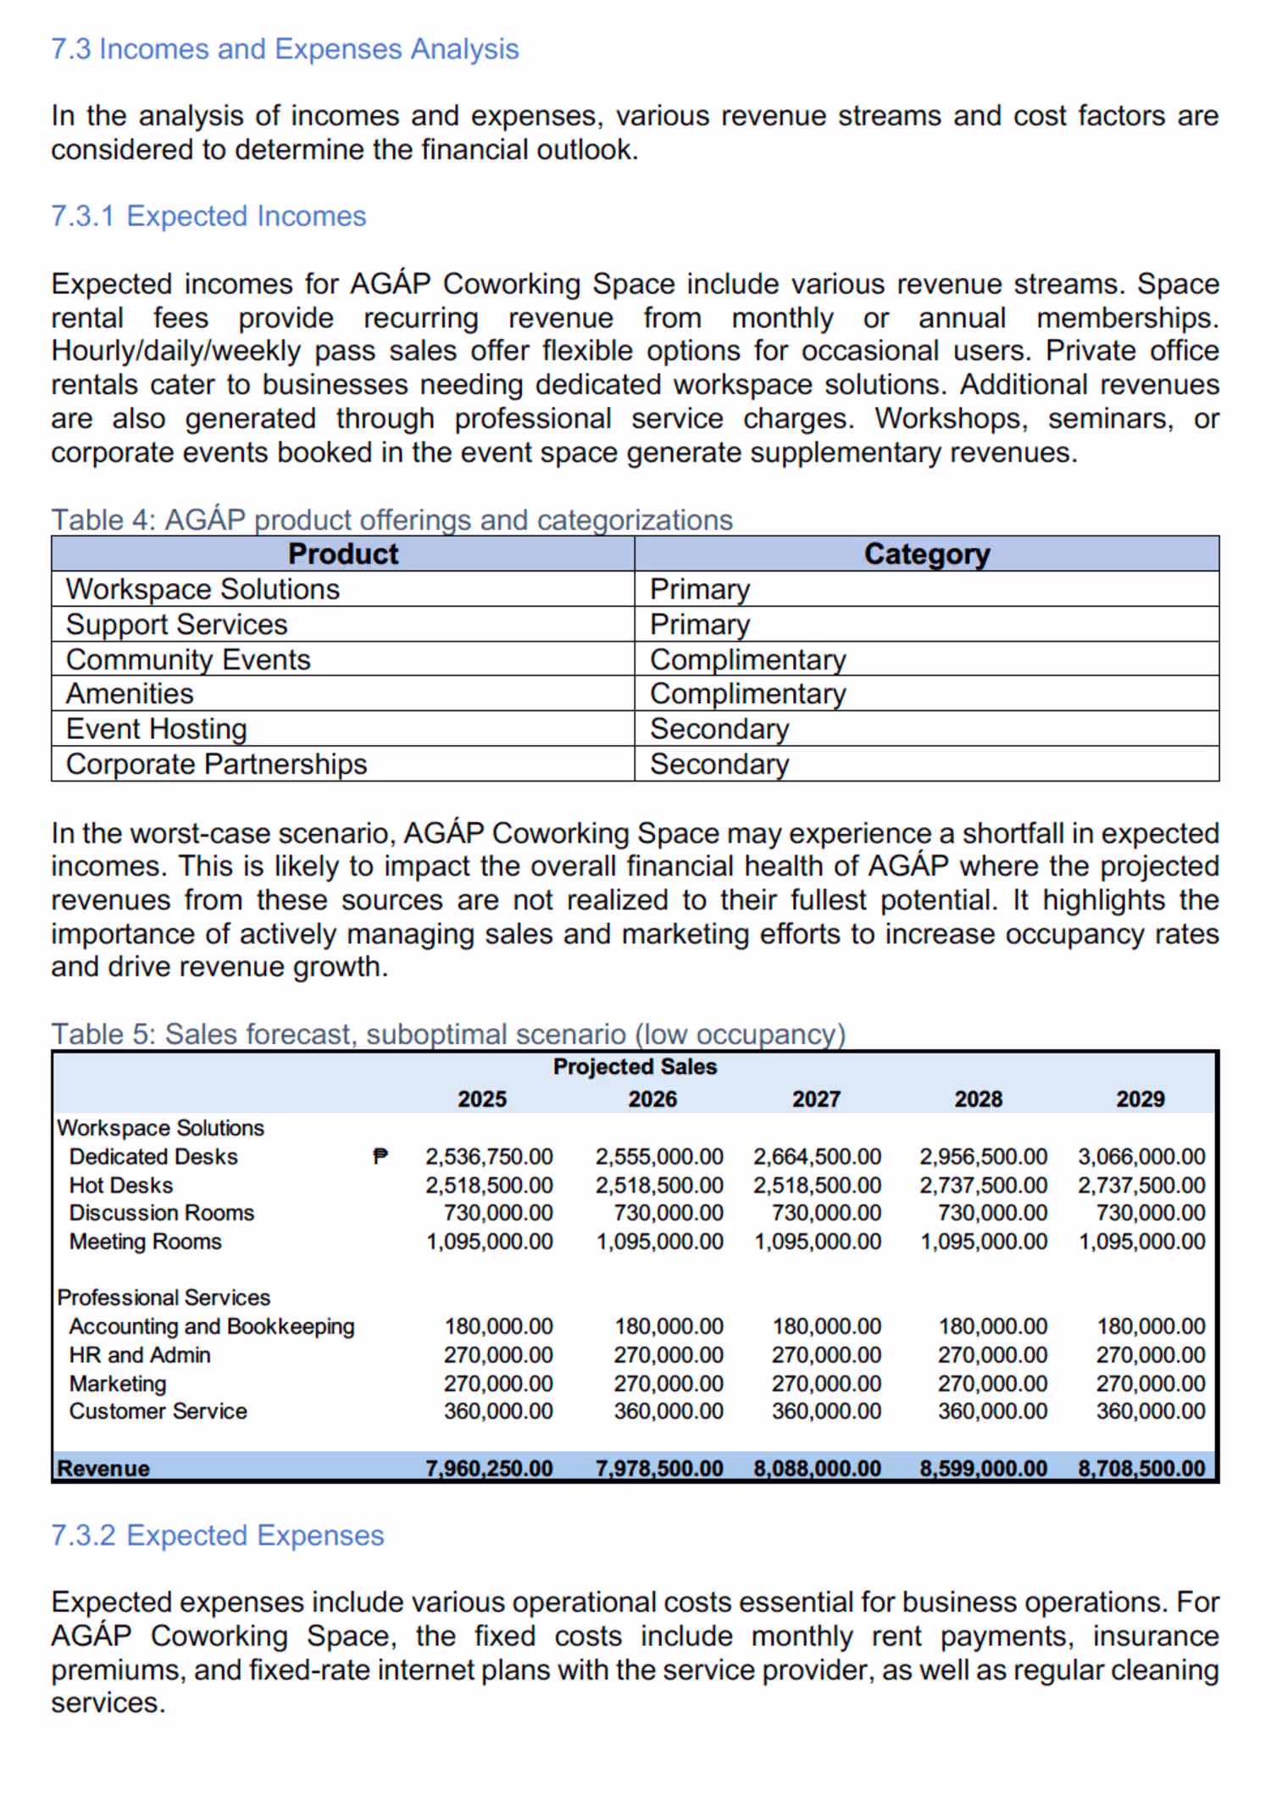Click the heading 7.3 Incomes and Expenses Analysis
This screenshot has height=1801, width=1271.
tap(285, 49)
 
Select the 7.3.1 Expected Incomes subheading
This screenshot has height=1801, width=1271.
tap(208, 216)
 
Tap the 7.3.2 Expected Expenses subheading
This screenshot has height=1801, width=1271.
tap(218, 1535)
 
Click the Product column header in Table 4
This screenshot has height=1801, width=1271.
tap(343, 553)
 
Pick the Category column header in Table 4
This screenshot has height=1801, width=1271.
tap(927, 553)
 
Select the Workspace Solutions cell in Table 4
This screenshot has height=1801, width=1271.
tap(203, 589)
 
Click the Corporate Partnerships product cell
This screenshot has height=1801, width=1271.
tap(217, 764)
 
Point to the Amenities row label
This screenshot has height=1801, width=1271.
tap(130, 693)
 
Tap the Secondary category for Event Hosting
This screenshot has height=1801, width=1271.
tap(719, 729)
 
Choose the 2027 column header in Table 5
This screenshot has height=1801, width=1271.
tap(816, 1098)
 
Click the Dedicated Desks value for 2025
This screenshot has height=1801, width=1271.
tap(489, 1156)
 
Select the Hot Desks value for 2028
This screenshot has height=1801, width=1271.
tap(983, 1185)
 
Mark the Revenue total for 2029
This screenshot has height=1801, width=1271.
tap(1141, 1468)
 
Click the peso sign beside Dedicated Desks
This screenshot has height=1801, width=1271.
tap(380, 1156)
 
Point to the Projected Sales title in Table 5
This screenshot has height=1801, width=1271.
tap(635, 1066)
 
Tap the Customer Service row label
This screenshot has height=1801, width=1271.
tap(158, 1411)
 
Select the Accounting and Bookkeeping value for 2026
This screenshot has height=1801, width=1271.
tap(669, 1326)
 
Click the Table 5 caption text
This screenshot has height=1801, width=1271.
tap(448, 1034)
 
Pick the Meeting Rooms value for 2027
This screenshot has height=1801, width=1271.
tap(818, 1242)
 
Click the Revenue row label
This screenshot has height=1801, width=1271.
tap(103, 1468)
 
